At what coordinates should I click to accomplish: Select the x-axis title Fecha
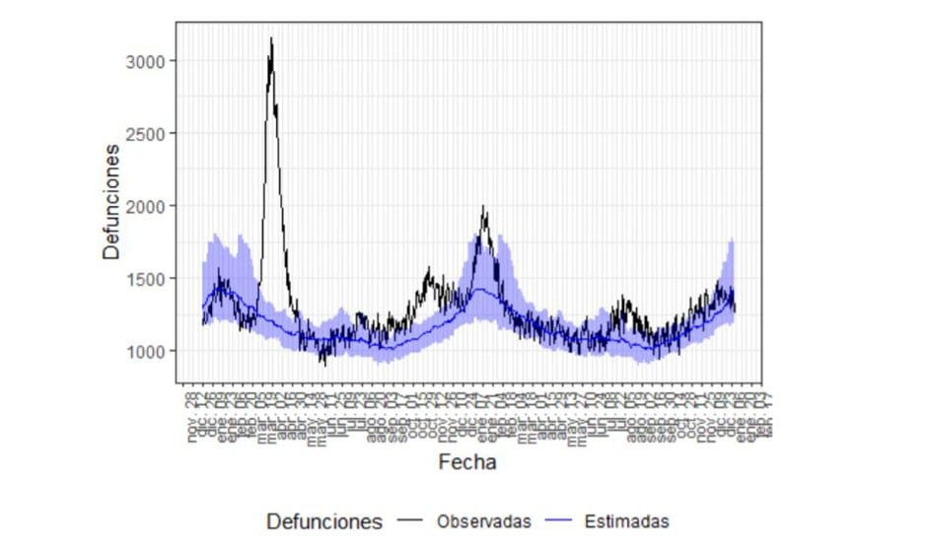(x=468, y=462)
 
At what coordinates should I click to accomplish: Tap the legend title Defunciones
(x=324, y=521)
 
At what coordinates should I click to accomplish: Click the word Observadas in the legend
(x=484, y=521)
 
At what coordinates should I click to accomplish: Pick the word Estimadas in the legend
(x=626, y=521)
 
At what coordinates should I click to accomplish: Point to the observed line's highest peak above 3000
(x=271, y=38)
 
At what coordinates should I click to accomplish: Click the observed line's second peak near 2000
(x=483, y=207)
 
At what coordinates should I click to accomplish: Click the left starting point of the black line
(x=203, y=323)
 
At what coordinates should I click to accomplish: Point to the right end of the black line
(x=736, y=311)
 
